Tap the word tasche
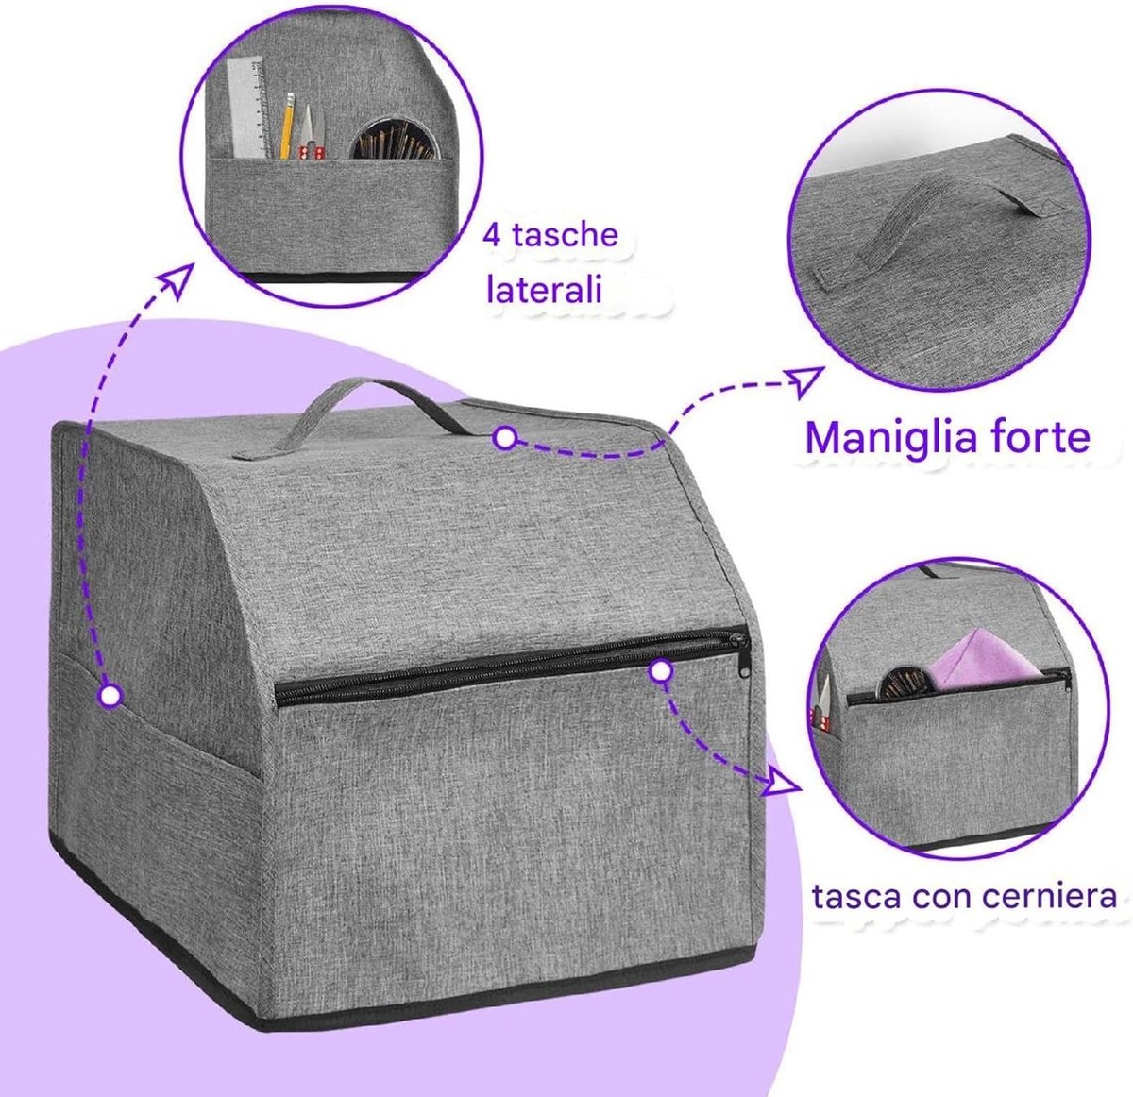[x=565, y=235]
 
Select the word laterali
[x=544, y=290]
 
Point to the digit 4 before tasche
[x=492, y=235]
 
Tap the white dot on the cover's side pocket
[x=110, y=695]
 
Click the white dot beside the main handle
[x=504, y=437]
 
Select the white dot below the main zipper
[x=660, y=672]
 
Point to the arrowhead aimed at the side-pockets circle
[x=177, y=280]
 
